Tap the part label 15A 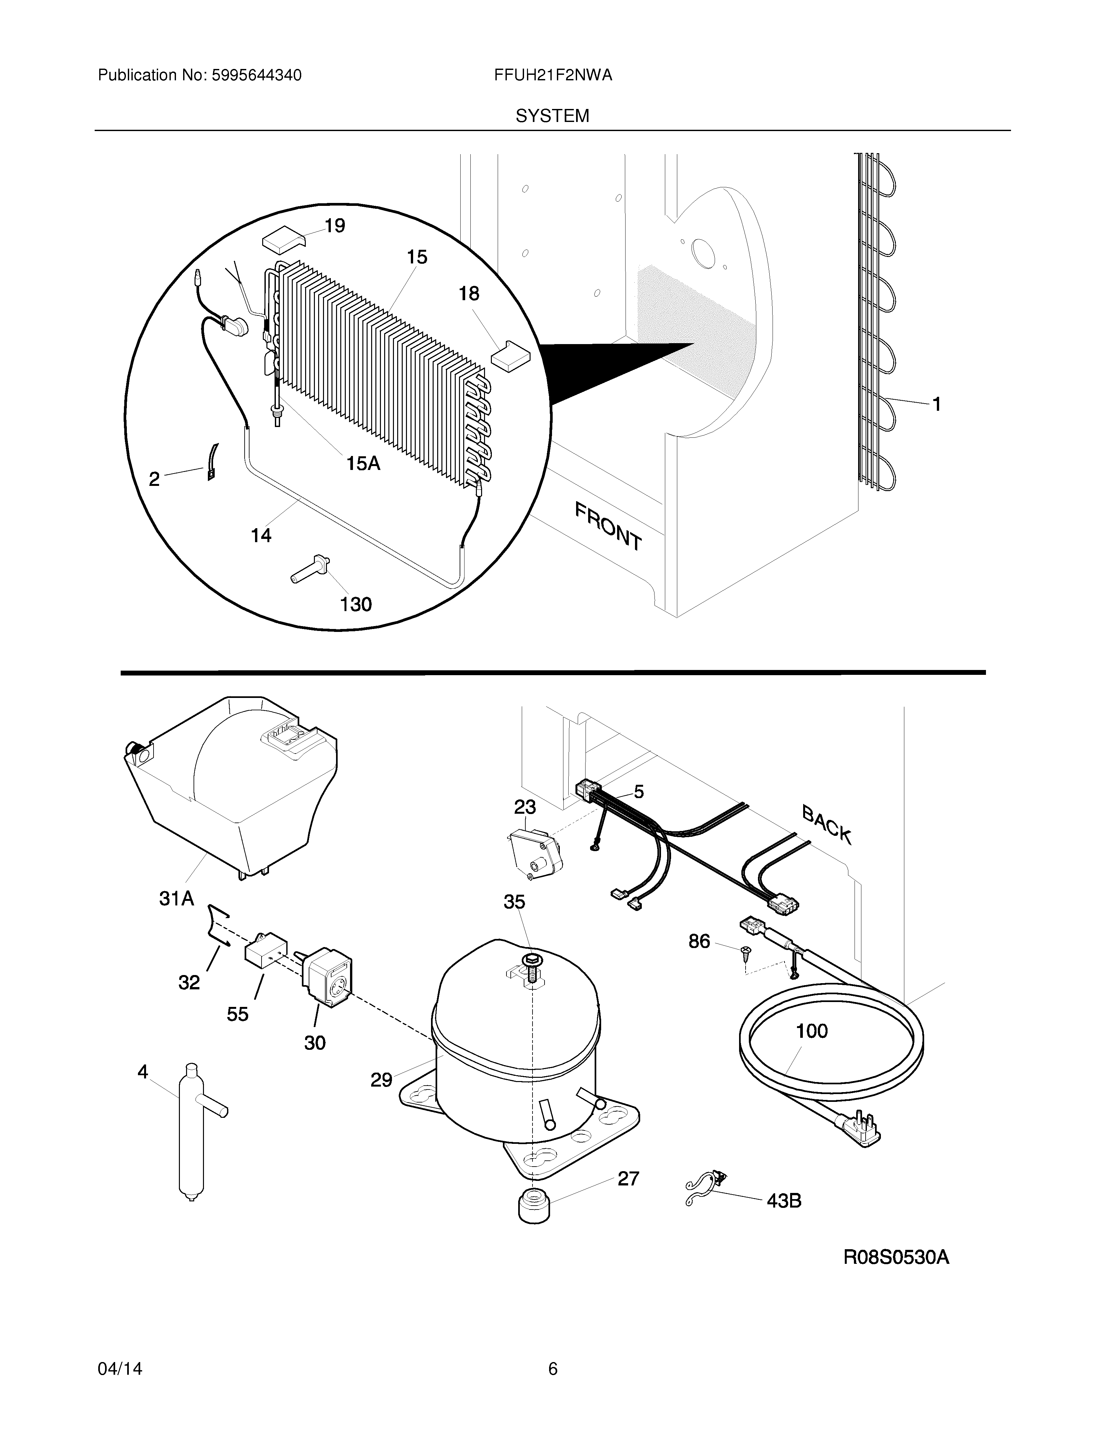[x=363, y=464]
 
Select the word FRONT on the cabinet [x=608, y=526]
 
